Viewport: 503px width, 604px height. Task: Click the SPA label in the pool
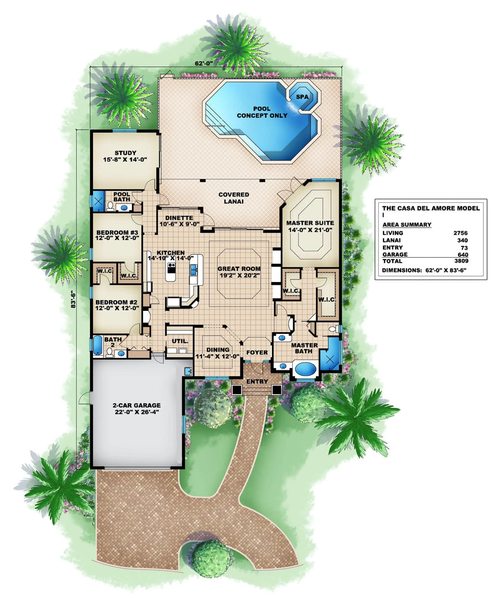(x=302, y=96)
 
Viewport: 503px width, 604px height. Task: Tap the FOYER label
(x=257, y=352)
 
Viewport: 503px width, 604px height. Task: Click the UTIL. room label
(x=180, y=341)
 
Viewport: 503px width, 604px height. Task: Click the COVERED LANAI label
(x=234, y=198)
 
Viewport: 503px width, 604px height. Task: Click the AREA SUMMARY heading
(x=406, y=225)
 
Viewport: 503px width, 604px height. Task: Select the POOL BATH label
(x=121, y=197)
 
